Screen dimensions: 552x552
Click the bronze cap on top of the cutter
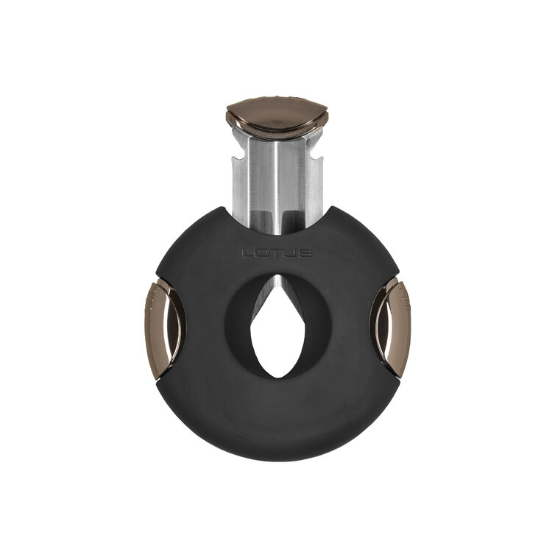pyautogui.click(x=277, y=116)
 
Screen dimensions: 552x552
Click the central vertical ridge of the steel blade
pyautogui.click(x=277, y=177)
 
